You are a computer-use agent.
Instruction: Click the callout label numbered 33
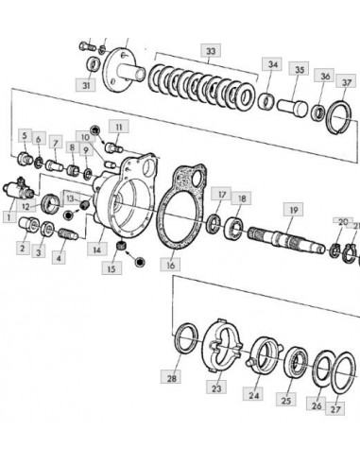pos(211,50)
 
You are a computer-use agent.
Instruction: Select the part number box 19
pos(293,210)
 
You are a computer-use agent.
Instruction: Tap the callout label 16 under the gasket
pos(170,265)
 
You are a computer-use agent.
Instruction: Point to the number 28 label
pos(171,377)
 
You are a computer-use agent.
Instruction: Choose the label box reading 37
pos(346,82)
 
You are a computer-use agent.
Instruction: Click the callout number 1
pos(9,217)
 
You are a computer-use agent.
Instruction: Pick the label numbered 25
pos(286,400)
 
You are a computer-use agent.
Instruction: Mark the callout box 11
pos(119,127)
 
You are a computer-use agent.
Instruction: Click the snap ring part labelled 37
pos(339,117)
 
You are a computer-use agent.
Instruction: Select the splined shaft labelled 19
pos(286,240)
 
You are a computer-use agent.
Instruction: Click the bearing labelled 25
pos(296,363)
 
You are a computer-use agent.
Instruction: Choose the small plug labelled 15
pos(121,245)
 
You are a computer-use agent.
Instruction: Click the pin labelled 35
pos(293,107)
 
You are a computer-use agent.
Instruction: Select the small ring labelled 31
pos(94,65)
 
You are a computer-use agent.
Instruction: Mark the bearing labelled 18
pos(233,227)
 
